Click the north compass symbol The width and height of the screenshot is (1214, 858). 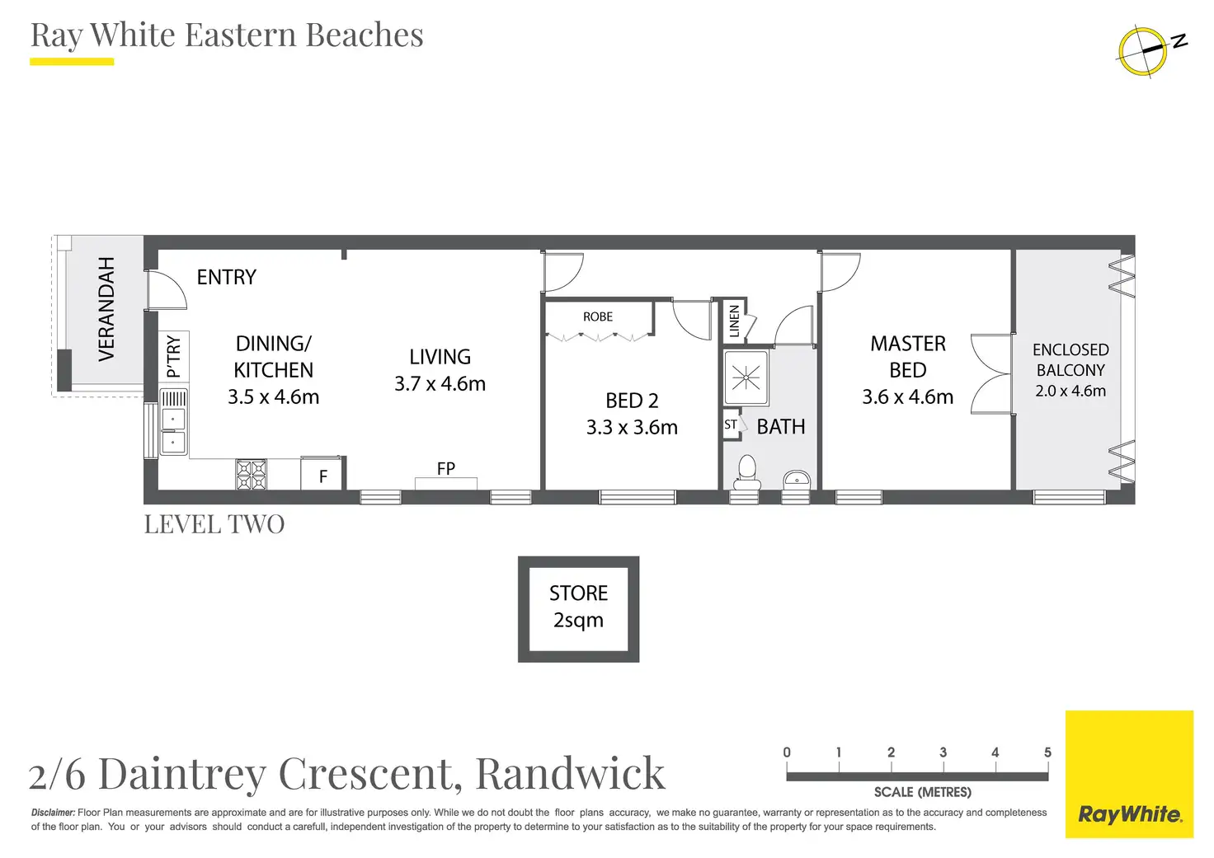click(x=1143, y=50)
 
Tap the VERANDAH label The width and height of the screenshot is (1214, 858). click(x=106, y=309)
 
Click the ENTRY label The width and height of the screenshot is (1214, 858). click(x=226, y=277)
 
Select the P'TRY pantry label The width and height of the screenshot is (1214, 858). click(x=173, y=356)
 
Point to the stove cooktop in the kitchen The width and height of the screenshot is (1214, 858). click(x=252, y=475)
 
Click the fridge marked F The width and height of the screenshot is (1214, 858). click(x=322, y=476)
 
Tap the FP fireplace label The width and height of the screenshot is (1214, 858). click(x=445, y=468)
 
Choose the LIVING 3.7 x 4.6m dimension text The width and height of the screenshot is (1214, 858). click(x=440, y=383)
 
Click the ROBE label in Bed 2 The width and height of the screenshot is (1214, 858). click(x=598, y=316)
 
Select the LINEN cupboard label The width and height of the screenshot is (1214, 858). click(x=734, y=321)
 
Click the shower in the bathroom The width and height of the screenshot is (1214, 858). click(x=746, y=378)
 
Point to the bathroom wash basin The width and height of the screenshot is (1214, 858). click(x=797, y=478)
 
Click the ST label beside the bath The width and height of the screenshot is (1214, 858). click(x=731, y=425)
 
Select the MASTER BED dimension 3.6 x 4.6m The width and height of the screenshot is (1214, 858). click(x=907, y=396)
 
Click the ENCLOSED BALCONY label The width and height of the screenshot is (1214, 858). click(x=1070, y=360)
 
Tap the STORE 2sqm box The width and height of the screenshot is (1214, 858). click(x=578, y=608)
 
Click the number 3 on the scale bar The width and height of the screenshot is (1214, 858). click(x=943, y=753)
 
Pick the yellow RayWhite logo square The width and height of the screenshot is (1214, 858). click(x=1129, y=774)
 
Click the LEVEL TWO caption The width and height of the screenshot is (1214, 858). click(x=214, y=524)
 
